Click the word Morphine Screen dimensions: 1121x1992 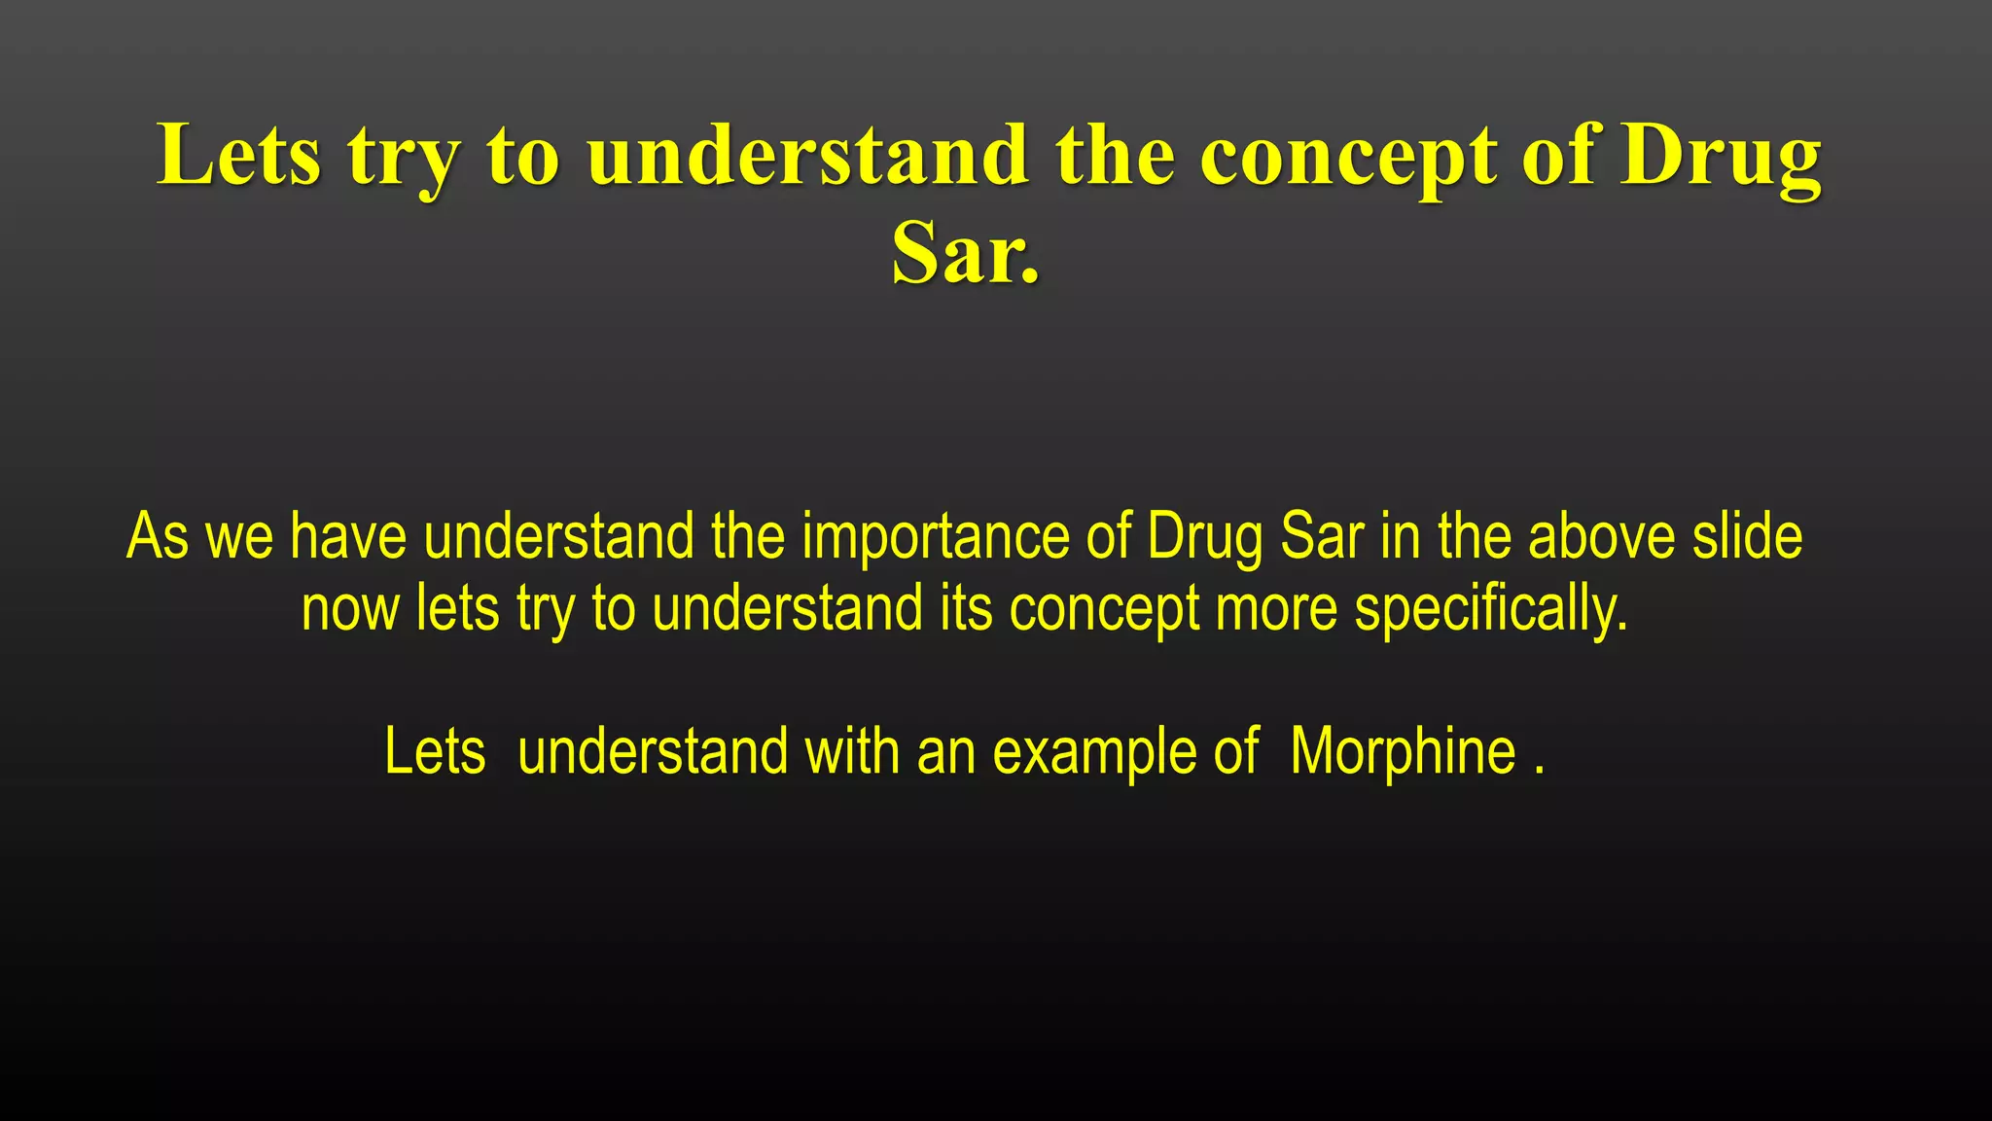pyautogui.click(x=1403, y=752)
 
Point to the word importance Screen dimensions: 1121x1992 pyautogui.click(x=935, y=536)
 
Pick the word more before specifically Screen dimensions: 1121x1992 pyautogui.click(x=1276, y=609)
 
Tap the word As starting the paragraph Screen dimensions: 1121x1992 pyautogui.click(x=157, y=536)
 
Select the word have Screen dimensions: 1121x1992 pyautogui.click(x=347, y=536)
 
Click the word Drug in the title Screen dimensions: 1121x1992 pyautogui.click(x=1720, y=156)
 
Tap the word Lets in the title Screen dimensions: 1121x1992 pyautogui.click(x=238, y=156)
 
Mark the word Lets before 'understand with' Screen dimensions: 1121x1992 pyautogui.click(x=435, y=752)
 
